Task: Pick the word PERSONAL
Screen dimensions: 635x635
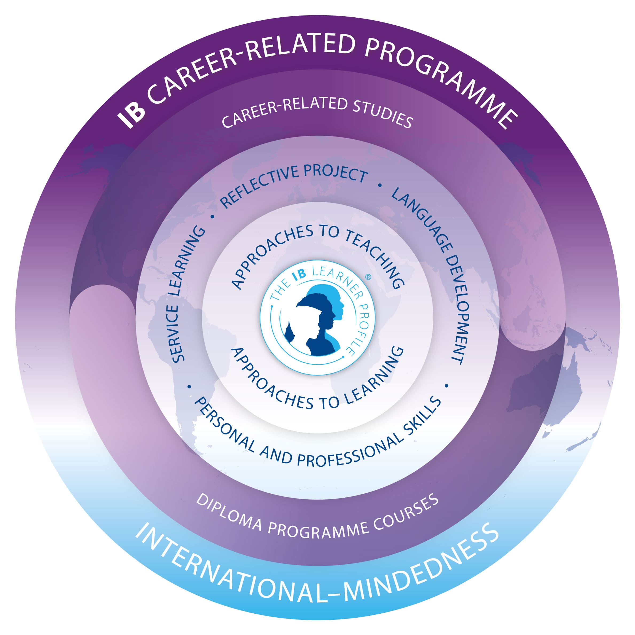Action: pos(224,424)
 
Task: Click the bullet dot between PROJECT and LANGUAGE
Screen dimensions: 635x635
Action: pos(380,186)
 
